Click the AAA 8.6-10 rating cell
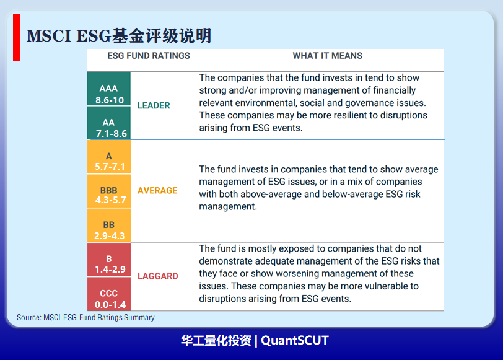coord(109,89)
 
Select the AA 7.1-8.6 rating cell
coord(109,123)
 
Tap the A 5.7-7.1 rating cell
coord(109,157)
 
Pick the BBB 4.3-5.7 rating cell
coord(109,191)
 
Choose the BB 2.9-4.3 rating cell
coord(109,226)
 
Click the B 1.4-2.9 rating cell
coord(109,260)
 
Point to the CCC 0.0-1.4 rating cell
coord(109,294)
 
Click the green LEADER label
coord(154,105)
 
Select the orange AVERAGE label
coord(157,191)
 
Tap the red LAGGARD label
coord(158,276)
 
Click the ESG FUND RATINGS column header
coord(149,56)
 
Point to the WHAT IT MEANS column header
coord(328,56)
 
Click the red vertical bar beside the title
coord(17,38)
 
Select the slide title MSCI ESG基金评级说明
coord(119,35)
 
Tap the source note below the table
coord(85,318)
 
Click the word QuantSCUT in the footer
coord(295,340)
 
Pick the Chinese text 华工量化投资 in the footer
coord(216,340)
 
